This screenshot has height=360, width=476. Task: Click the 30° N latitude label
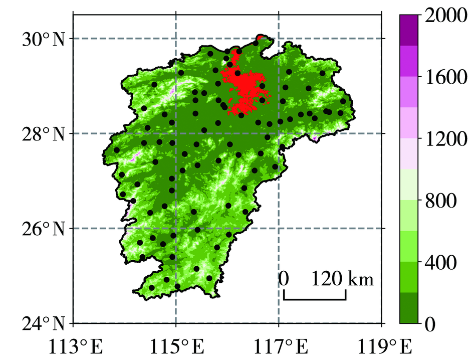coord(43,39)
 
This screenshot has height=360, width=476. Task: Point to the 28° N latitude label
coord(43,134)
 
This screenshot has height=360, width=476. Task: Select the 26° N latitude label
coord(43,229)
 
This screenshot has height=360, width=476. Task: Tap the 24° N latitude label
coord(43,323)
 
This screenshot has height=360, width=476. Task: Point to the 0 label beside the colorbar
coord(429,324)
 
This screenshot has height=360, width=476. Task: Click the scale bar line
coord(314,299)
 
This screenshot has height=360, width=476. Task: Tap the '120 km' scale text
coord(344,279)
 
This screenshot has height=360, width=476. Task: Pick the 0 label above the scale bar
coord(284,279)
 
